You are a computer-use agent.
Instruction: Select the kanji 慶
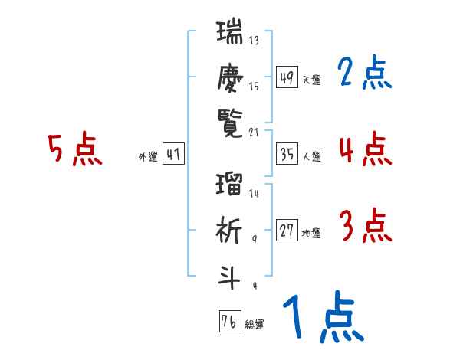(230, 77)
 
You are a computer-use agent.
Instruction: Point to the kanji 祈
(230, 231)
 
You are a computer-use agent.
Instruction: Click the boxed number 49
(287, 77)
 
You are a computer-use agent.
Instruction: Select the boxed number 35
(287, 155)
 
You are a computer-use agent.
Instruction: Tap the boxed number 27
(287, 231)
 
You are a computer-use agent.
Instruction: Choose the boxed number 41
(173, 155)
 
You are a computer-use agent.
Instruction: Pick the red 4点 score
(364, 149)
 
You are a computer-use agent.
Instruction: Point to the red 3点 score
(364, 227)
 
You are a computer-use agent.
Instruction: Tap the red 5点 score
(74, 149)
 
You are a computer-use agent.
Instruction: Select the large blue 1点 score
(322, 317)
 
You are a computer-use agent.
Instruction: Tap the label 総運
(255, 325)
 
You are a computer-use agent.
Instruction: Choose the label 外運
(147, 157)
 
